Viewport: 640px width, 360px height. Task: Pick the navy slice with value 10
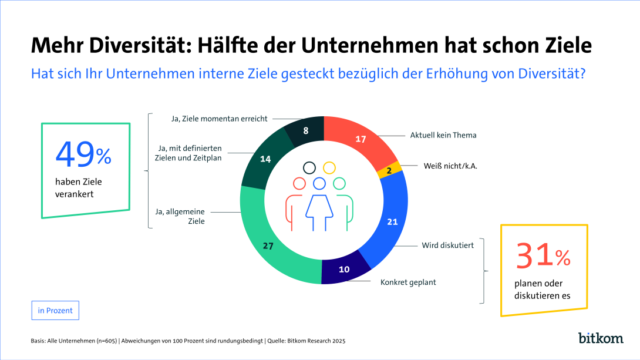click(x=345, y=270)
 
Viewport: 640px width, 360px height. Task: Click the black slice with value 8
click(x=306, y=131)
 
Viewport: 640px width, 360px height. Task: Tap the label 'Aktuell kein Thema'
click(x=443, y=135)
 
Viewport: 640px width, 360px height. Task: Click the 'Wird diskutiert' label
click(x=447, y=245)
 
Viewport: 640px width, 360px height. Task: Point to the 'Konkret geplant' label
click(x=407, y=282)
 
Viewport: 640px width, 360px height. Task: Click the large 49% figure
click(x=83, y=154)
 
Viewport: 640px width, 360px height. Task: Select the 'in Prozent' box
click(x=55, y=311)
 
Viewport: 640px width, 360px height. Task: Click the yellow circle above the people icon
click(x=329, y=168)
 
